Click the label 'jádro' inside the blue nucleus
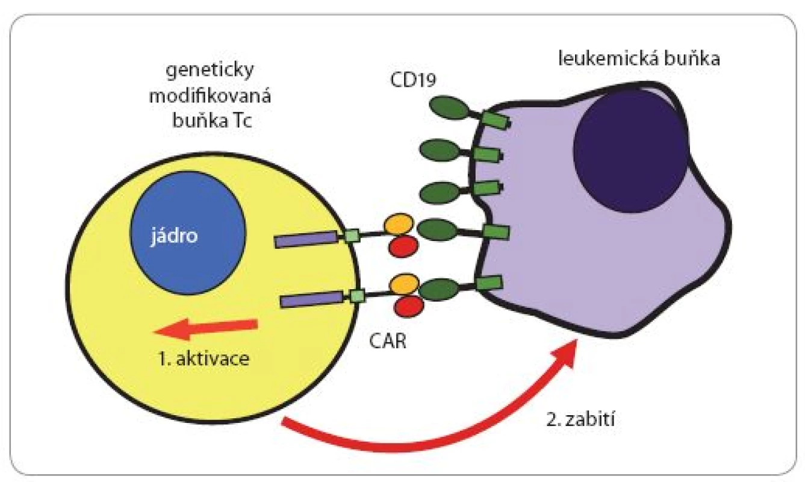click(173, 236)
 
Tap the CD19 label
click(413, 80)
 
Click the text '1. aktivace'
click(204, 358)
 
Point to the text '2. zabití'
click(581, 419)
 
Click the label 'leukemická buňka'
click(639, 58)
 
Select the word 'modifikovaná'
click(210, 96)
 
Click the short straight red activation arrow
click(206, 329)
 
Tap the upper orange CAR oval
click(399, 224)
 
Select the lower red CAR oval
click(409, 307)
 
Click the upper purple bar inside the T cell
click(306, 240)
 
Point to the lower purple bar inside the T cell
click(311, 299)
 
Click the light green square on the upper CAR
click(352, 236)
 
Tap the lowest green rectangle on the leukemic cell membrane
click(488, 283)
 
